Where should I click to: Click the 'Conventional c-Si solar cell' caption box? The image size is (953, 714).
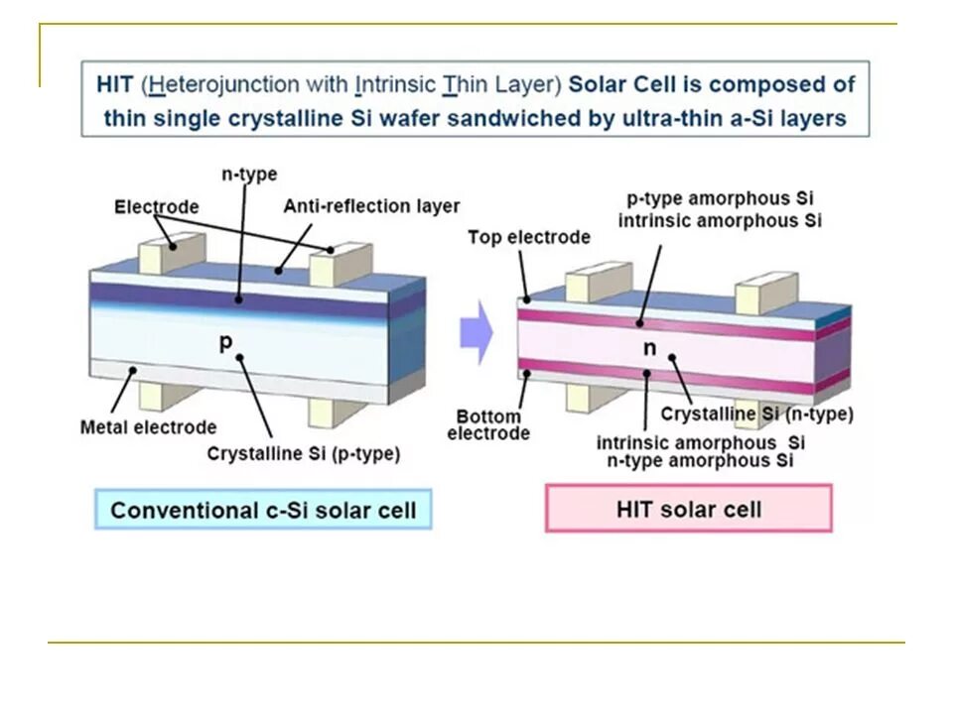(263, 511)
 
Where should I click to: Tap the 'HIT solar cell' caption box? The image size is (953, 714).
(688, 510)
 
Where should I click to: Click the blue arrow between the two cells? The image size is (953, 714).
(476, 335)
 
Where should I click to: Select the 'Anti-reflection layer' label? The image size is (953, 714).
(371, 206)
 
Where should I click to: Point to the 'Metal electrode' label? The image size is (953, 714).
(148, 427)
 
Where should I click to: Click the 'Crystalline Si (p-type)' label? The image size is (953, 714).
(304, 453)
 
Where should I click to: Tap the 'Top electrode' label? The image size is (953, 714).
(528, 237)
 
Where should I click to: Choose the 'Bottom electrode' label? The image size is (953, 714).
(488, 424)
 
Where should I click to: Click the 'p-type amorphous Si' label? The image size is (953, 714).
(720, 199)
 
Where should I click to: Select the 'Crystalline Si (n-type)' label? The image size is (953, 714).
(756, 414)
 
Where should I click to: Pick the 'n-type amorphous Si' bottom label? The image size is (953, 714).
(700, 460)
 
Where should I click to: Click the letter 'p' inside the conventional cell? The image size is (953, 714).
(225, 342)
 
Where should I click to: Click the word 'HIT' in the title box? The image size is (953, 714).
(114, 84)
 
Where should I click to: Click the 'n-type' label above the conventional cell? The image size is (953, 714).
(248, 175)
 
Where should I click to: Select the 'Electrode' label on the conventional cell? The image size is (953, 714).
(156, 207)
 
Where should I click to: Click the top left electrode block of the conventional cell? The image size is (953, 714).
(158, 252)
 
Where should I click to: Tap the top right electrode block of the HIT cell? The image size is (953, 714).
(765, 295)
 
